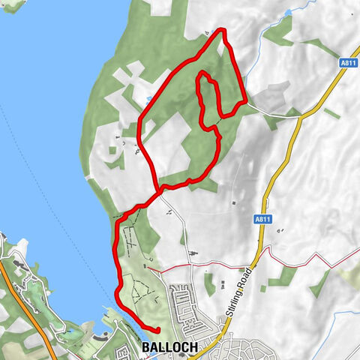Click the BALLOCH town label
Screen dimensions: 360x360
169,347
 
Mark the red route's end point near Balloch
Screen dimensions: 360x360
157,329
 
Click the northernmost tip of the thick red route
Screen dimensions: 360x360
223,31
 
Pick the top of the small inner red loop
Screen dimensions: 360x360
203,74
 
